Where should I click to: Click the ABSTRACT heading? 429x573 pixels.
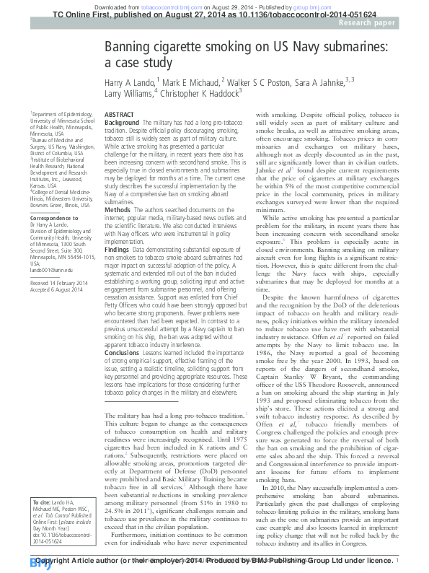[120, 115]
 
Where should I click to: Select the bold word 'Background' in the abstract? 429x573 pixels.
[122, 123]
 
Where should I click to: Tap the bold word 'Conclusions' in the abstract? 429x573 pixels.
[123, 353]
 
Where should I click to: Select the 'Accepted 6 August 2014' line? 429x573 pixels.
[56, 290]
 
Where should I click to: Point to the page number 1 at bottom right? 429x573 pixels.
[397, 560]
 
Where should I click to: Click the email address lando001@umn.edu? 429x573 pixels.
[50, 268]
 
